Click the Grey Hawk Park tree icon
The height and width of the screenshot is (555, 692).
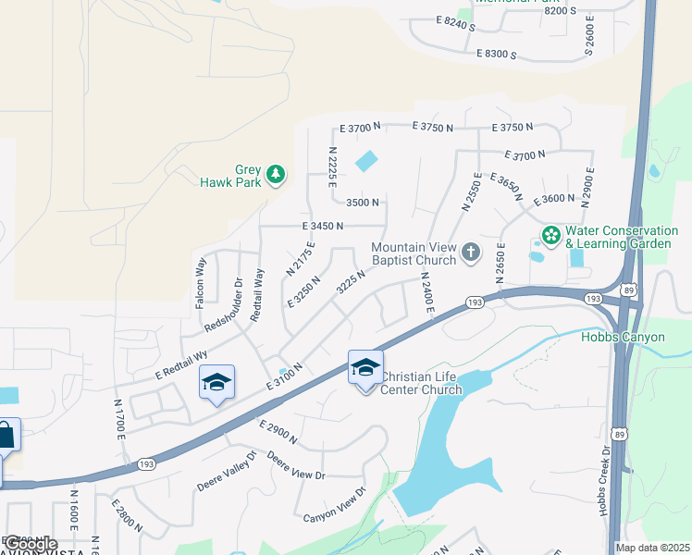pyautogui.click(x=275, y=175)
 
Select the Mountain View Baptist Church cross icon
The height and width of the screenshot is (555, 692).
pyautogui.click(x=471, y=252)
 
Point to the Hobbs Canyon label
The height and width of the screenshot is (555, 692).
pyautogui.click(x=623, y=337)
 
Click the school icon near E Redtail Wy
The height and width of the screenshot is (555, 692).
pyautogui.click(x=216, y=383)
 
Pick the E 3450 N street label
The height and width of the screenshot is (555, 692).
pyautogui.click(x=322, y=226)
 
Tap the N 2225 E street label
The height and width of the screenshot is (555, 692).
pyautogui.click(x=331, y=167)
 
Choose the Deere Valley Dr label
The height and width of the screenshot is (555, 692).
pyautogui.click(x=226, y=472)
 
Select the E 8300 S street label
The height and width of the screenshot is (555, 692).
pyautogui.click(x=496, y=55)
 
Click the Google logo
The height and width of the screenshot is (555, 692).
pyautogui.click(x=31, y=544)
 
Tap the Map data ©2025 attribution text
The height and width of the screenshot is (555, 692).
pyautogui.click(x=653, y=548)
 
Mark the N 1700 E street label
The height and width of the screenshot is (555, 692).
pyautogui.click(x=120, y=418)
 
